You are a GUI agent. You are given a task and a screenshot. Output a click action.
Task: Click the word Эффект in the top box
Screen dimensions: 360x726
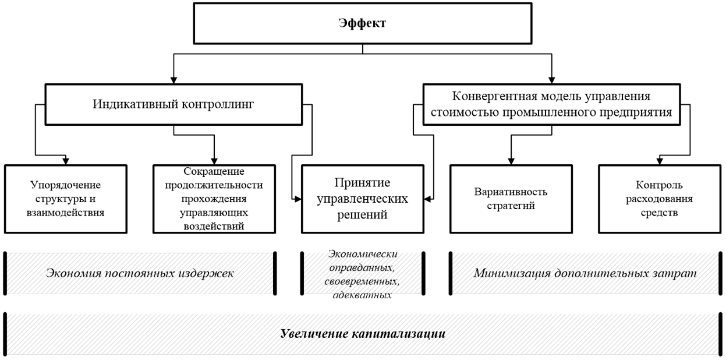(x=362, y=24)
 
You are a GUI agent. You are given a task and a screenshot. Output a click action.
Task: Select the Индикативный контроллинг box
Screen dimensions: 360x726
(x=175, y=104)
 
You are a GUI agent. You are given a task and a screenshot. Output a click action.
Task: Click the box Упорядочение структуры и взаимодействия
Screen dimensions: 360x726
(x=65, y=199)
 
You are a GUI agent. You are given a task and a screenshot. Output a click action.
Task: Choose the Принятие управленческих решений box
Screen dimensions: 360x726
(x=362, y=199)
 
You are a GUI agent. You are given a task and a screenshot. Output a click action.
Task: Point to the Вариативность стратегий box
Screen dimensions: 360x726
(x=511, y=199)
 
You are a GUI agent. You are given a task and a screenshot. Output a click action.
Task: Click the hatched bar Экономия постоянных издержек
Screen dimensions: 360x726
(x=140, y=273)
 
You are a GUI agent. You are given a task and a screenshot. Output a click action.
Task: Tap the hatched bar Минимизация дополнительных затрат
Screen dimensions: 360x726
(x=585, y=273)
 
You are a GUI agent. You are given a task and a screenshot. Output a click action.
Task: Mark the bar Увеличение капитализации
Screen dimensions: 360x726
(x=362, y=334)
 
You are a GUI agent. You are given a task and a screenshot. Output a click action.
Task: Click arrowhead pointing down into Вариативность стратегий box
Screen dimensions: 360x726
(x=511, y=160)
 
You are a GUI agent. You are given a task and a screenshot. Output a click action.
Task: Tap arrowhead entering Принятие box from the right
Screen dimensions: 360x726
(x=428, y=199)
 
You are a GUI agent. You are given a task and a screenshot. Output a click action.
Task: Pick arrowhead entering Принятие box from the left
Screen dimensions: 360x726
(x=297, y=199)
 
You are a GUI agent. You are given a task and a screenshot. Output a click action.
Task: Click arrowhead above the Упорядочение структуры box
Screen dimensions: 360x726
(x=65, y=160)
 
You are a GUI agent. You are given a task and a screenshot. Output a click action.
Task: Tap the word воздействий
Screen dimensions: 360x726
(x=213, y=226)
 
